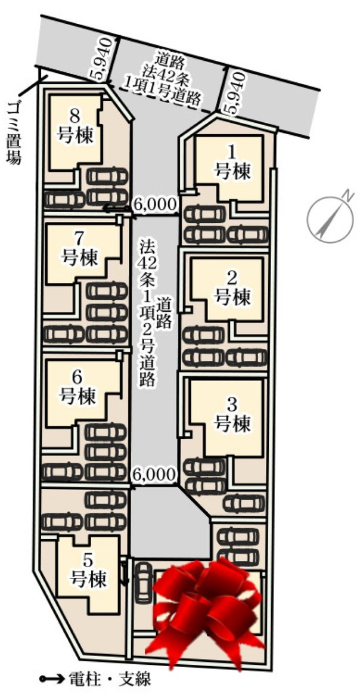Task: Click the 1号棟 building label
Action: (231, 162)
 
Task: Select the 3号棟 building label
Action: (231, 414)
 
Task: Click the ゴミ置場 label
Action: (13, 132)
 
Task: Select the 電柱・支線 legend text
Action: (109, 680)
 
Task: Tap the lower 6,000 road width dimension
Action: (154, 475)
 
